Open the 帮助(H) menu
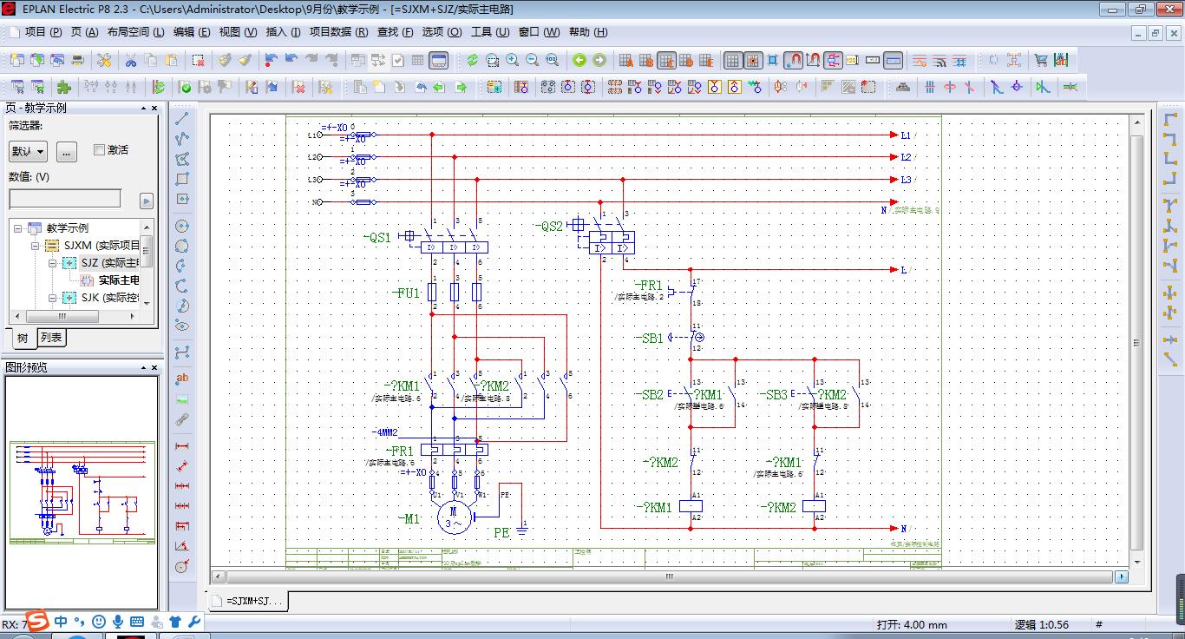tap(588, 32)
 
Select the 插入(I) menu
tap(283, 32)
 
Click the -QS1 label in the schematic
tap(377, 237)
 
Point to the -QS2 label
tap(550, 227)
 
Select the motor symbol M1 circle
tap(452, 518)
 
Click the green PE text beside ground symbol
tap(502, 532)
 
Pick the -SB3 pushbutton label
tap(774, 395)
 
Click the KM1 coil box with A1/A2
tap(691, 506)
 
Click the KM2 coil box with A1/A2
tap(815, 506)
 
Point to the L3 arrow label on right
tap(906, 180)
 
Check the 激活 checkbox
tap(99, 150)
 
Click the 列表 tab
tap(51, 338)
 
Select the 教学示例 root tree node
tap(67, 228)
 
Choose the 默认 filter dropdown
tap(28, 151)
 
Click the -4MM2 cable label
tap(384, 431)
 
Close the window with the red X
tap(1163, 10)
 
